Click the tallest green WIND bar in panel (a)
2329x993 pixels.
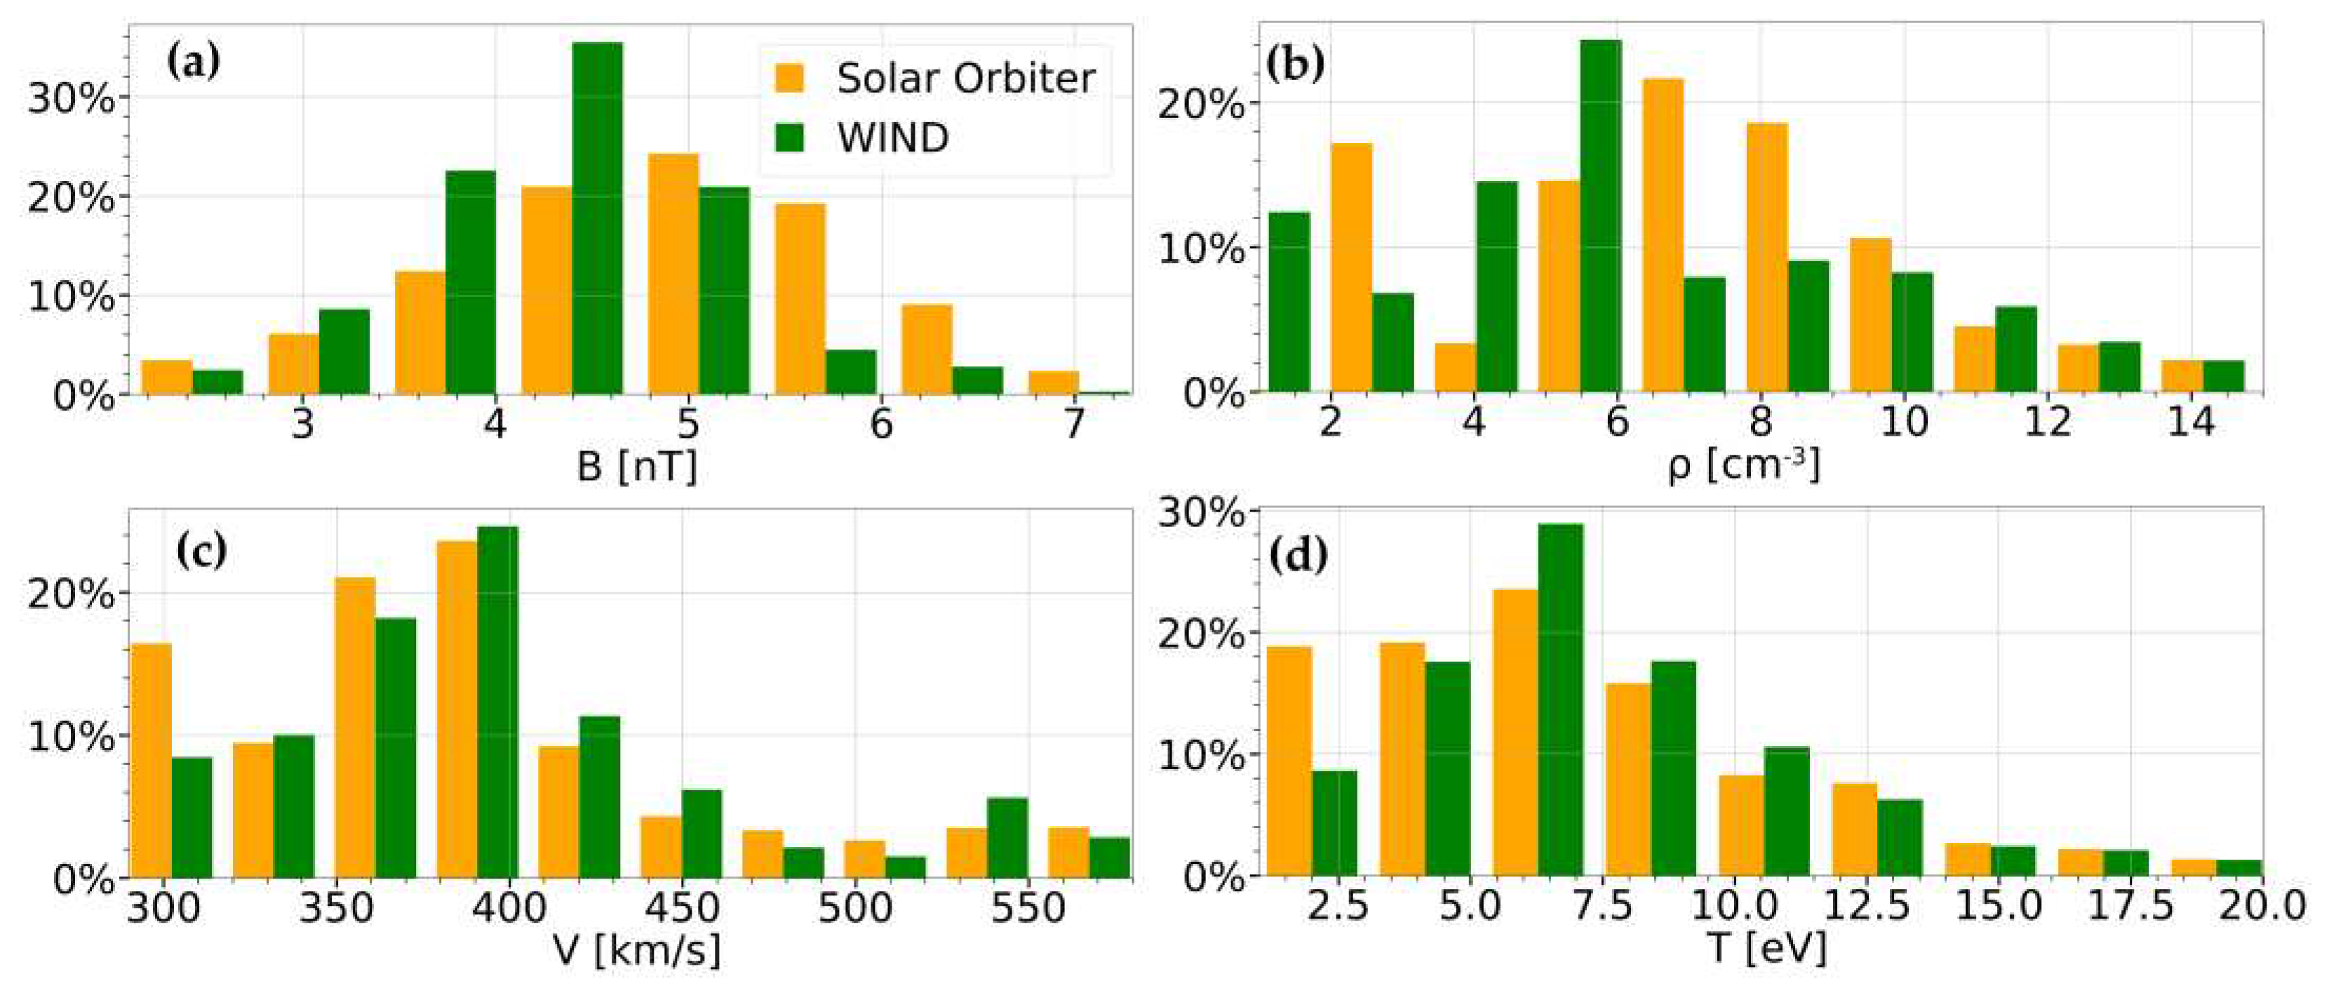(x=597, y=217)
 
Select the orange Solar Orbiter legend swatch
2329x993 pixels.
(x=790, y=78)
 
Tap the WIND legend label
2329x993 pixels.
(x=892, y=138)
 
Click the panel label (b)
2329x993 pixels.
(x=1296, y=67)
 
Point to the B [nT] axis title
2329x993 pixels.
(x=636, y=467)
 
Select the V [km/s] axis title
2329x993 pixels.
(x=636, y=950)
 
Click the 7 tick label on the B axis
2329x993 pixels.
(x=1073, y=423)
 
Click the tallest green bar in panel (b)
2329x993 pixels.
(x=1600, y=217)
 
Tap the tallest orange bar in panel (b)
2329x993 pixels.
(x=1663, y=235)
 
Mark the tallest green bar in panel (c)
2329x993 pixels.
(x=497, y=701)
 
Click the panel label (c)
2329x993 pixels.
(x=201, y=551)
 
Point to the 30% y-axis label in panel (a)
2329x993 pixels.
(x=71, y=100)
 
